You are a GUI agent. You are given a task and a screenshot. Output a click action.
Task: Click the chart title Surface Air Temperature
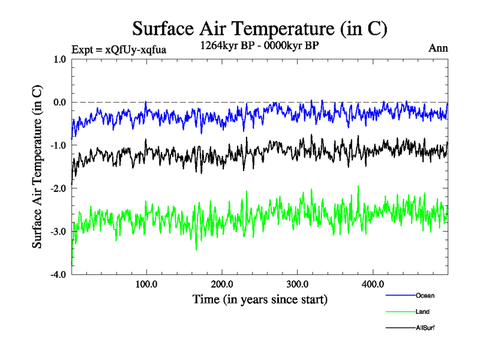click(x=259, y=28)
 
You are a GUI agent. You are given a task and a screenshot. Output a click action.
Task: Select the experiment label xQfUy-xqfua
click(x=118, y=49)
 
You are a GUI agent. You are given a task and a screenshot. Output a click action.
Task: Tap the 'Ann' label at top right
click(x=438, y=48)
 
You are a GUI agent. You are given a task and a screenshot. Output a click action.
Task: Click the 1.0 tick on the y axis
click(x=59, y=59)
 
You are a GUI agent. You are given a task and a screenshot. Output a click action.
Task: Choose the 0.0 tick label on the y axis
click(x=58, y=102)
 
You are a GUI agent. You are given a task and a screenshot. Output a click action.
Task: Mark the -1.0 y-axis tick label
click(x=58, y=145)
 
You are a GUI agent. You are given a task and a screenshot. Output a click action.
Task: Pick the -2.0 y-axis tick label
click(x=58, y=188)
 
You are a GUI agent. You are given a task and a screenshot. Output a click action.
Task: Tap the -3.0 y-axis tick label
click(x=58, y=232)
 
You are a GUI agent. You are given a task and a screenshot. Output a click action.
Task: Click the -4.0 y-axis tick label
click(x=58, y=275)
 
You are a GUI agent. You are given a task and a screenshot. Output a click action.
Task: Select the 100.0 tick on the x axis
click(x=147, y=284)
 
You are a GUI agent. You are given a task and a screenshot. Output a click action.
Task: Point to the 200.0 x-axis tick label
click(x=222, y=284)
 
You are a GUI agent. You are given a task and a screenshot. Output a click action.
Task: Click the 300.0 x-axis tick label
click(x=298, y=284)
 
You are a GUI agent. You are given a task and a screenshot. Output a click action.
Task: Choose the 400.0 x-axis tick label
click(x=373, y=284)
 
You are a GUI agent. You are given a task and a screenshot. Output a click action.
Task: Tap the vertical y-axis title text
click(x=37, y=167)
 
